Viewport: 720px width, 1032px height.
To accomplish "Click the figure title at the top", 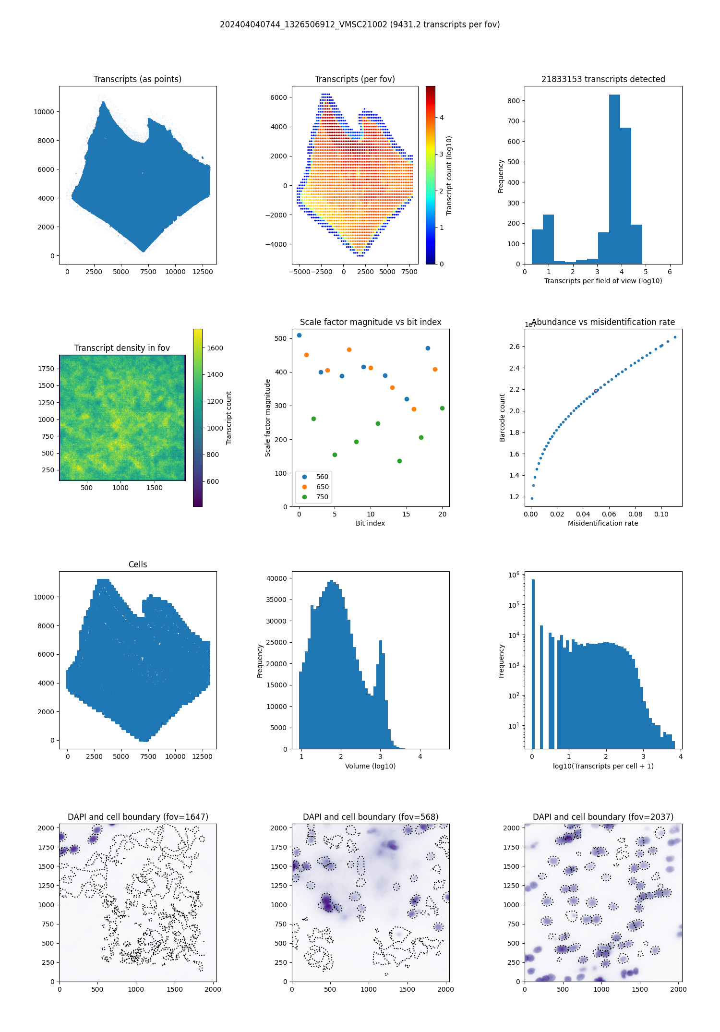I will (360, 24).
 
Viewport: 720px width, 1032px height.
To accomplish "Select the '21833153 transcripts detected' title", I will (603, 79).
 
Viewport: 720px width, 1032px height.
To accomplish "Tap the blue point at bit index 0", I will (299, 336).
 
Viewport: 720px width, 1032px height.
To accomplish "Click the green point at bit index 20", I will (442, 408).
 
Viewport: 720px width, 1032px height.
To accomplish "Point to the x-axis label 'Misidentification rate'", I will (603, 523).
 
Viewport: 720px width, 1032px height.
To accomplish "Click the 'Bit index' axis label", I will (370, 523).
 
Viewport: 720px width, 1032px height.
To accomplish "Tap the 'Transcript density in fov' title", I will (122, 348).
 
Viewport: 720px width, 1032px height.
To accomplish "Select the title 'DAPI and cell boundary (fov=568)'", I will (370, 817).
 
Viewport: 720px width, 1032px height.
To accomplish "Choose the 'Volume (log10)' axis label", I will (370, 766).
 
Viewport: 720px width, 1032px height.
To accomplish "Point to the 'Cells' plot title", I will (138, 564).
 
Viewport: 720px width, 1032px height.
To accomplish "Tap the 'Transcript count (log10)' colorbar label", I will (449, 175).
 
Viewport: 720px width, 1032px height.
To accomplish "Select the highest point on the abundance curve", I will (675, 337).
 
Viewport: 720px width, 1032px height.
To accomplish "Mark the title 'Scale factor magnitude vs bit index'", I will (370, 322).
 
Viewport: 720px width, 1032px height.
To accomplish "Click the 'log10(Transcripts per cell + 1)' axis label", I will (603, 766).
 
